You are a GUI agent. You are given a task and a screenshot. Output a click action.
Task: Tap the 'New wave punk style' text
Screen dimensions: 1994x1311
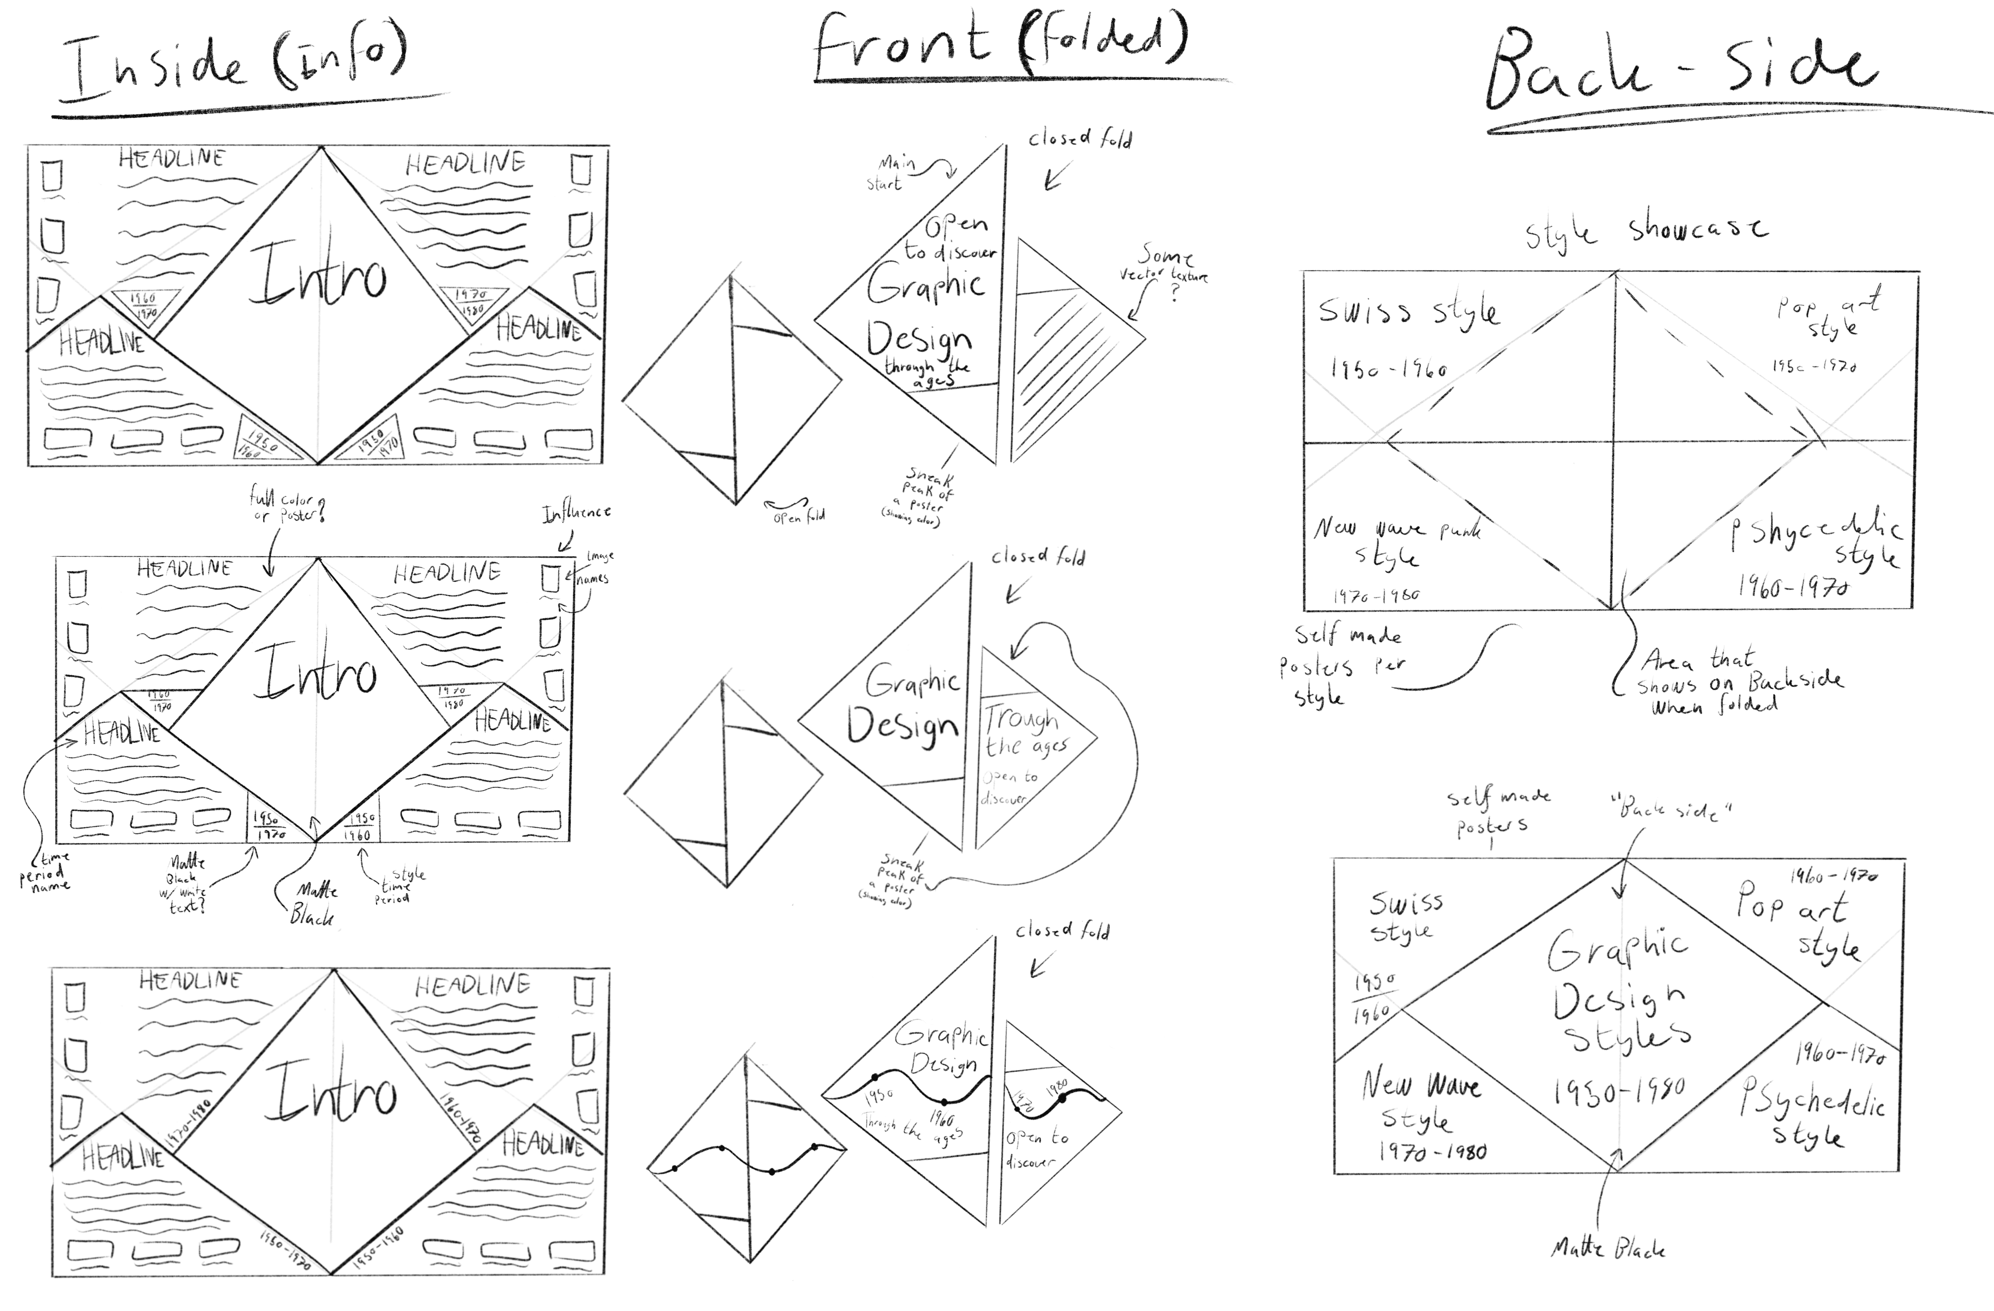tap(1395, 540)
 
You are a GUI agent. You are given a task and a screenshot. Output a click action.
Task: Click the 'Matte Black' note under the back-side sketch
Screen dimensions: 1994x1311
tap(1607, 1248)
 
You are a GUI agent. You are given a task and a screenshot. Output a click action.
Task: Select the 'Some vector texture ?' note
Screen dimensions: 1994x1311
tap(1164, 266)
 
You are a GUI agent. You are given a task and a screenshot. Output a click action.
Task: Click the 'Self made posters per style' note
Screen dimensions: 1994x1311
tap(1340, 666)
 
